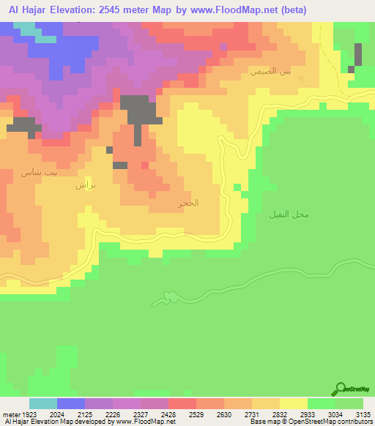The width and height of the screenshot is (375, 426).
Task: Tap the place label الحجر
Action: [x=188, y=203]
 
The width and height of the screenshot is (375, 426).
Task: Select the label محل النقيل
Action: [x=290, y=214]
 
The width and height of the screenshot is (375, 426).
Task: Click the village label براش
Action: [x=85, y=186]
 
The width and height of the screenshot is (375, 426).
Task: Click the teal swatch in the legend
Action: [x=43, y=403]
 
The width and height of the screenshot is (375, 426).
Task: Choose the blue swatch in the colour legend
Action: [x=71, y=403]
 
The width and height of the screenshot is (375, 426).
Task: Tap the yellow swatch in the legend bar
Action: [x=294, y=403]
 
